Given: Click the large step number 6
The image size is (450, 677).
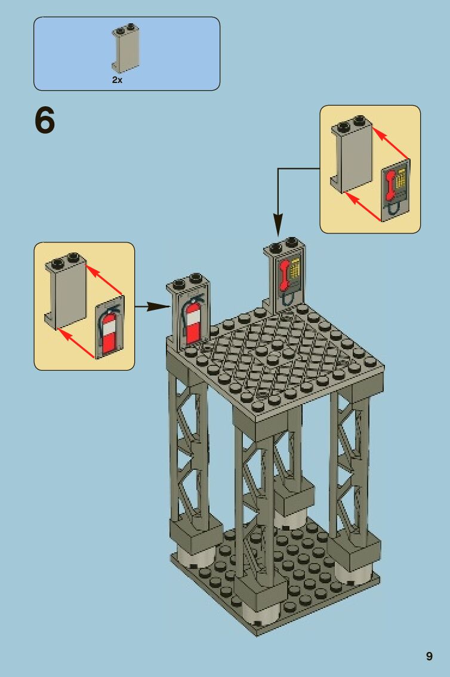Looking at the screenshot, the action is pos(45,121).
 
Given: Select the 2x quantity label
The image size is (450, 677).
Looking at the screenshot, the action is pos(117,79).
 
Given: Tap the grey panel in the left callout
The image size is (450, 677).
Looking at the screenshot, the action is pos(66,292).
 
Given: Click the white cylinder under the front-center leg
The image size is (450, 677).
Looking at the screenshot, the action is pos(260,614).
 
